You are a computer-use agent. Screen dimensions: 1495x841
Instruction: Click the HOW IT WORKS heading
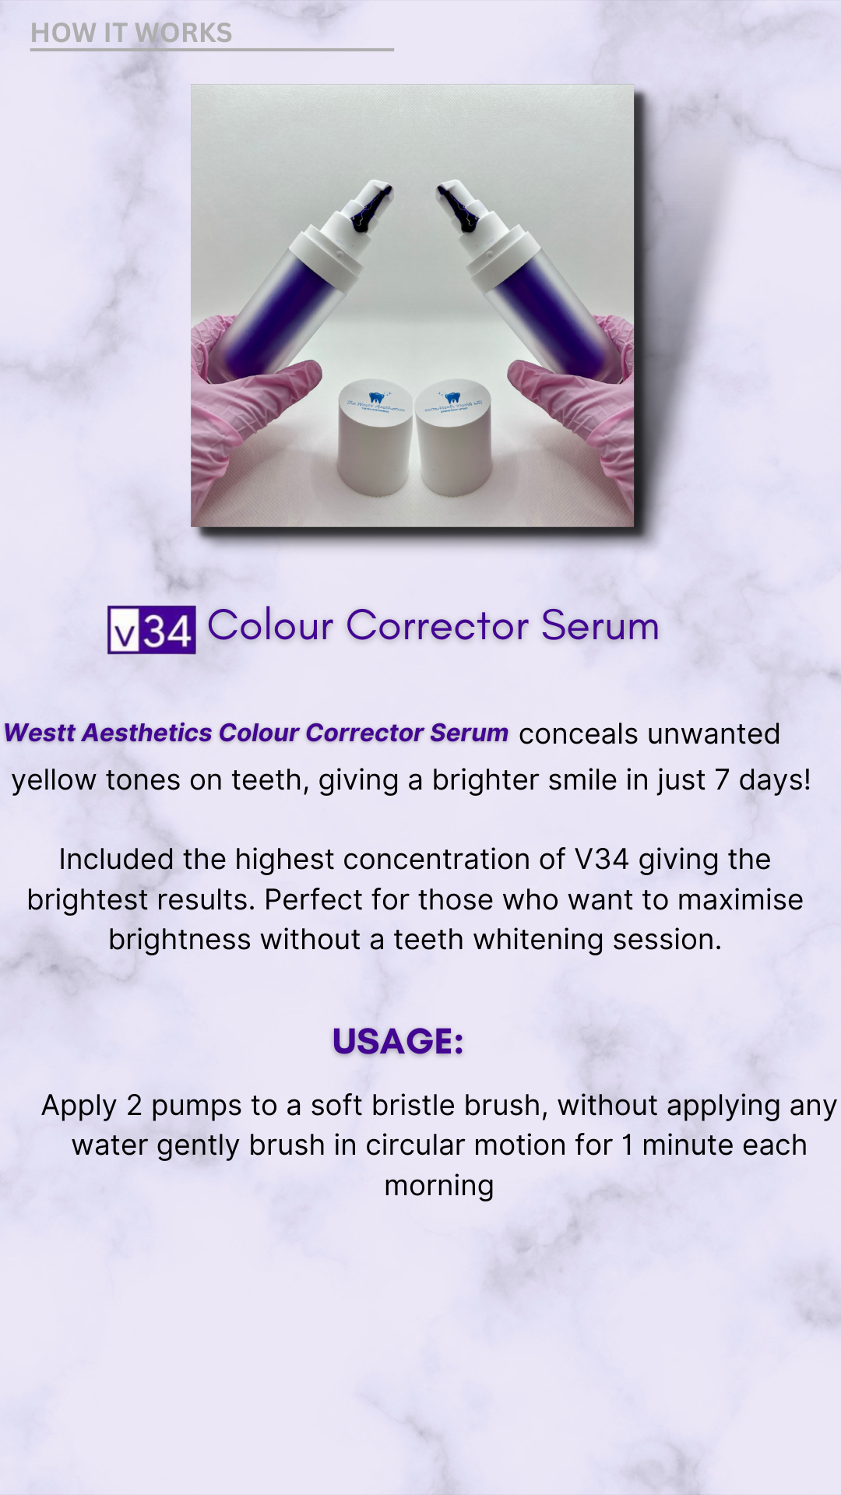coord(132,33)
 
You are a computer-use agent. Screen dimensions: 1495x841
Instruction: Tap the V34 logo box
coord(152,629)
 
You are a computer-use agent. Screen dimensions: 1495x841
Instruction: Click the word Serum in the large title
coord(600,625)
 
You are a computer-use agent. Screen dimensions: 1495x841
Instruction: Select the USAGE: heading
coord(398,1041)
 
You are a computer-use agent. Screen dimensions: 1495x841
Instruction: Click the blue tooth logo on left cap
coord(377,397)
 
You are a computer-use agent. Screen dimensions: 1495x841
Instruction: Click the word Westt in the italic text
coord(40,733)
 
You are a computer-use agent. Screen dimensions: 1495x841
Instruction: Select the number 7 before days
coord(721,779)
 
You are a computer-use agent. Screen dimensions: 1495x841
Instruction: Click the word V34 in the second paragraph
coord(601,859)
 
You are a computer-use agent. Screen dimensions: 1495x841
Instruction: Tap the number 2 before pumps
coord(134,1105)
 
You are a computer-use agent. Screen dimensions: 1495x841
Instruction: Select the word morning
coord(439,1185)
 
